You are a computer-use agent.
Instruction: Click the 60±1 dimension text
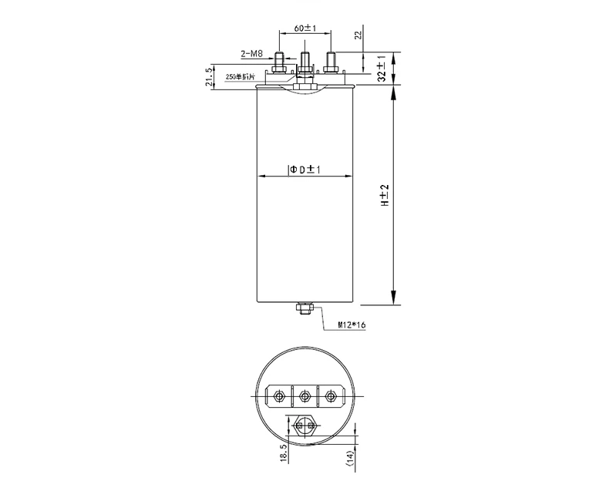pos(305,29)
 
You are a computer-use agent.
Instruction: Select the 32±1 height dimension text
pos(381,69)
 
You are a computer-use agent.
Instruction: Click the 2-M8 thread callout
pos(252,54)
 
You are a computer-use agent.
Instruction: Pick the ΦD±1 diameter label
pos(305,168)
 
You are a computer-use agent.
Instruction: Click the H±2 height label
pos(381,196)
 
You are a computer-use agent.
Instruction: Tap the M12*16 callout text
pos(351,325)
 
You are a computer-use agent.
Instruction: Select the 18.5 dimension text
pos(285,450)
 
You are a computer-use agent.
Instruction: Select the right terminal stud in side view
pos(331,59)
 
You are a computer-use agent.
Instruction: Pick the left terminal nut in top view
pos(279,396)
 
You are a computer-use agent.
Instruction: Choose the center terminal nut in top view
pos(305,396)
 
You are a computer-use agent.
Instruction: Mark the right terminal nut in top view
pos(331,396)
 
